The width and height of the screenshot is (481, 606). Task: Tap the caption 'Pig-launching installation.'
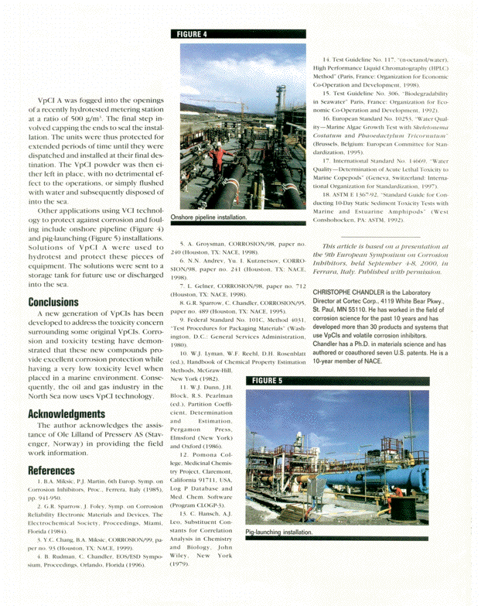pos(279,532)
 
